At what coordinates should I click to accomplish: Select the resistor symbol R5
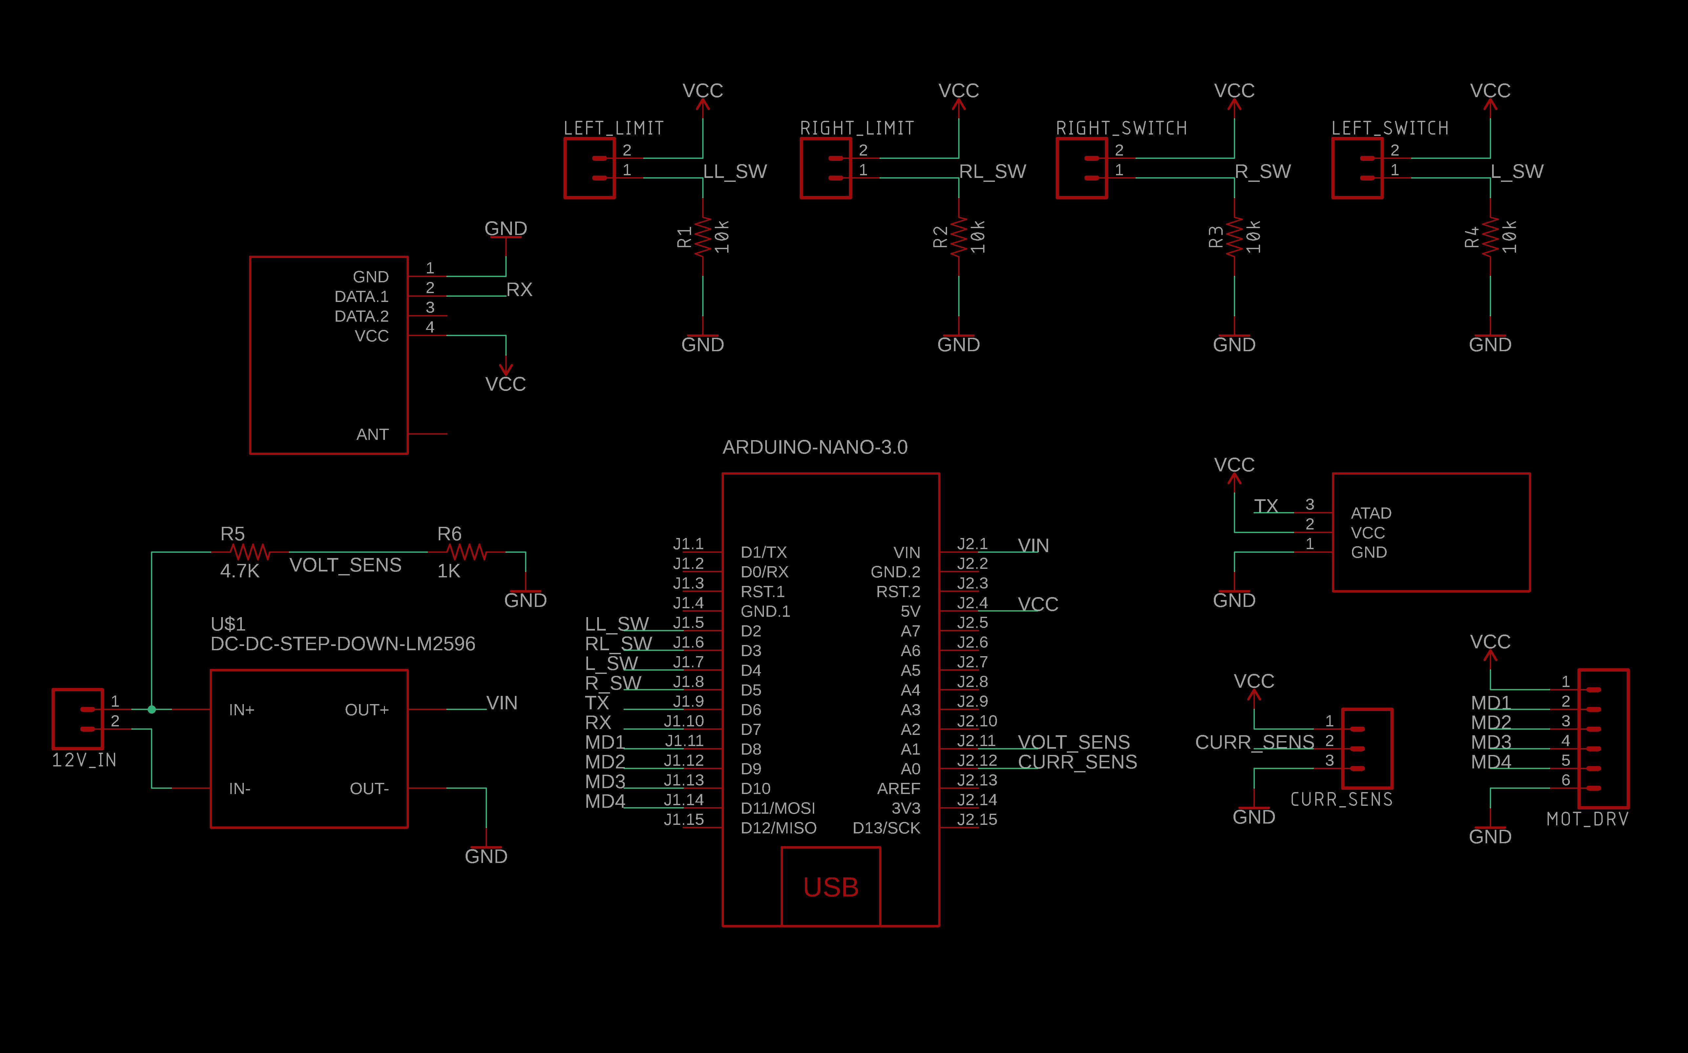[250, 552]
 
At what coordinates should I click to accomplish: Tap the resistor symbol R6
[466, 552]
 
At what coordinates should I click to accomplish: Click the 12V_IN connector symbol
[78, 719]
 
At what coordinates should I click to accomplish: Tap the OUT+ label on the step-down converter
[367, 710]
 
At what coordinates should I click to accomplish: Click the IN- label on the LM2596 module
[240, 788]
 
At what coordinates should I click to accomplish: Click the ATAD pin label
[1371, 513]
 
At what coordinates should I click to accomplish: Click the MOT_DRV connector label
[1587, 819]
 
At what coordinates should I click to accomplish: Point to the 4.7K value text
[240, 571]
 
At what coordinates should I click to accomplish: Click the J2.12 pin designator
[977, 761]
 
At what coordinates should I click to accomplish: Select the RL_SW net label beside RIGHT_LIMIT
[992, 171]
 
